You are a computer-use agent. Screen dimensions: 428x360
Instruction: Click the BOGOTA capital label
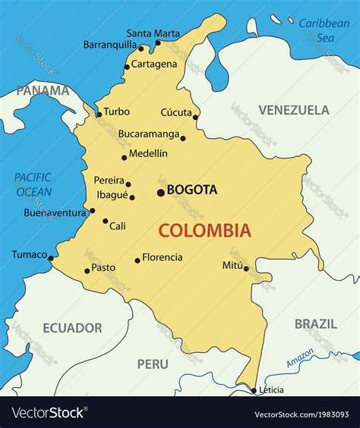192,190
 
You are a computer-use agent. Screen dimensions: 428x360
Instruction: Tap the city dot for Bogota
160,193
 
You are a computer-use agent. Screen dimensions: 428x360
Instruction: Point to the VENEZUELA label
293,110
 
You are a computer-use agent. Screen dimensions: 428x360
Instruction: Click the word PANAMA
43,90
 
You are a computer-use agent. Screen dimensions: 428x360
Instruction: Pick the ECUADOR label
72,328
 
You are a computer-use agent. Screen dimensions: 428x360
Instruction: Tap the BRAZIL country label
315,324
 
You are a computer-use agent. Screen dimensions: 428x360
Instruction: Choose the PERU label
153,364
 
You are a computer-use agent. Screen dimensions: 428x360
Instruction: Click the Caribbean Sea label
324,30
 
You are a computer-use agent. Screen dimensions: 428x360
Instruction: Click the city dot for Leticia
254,391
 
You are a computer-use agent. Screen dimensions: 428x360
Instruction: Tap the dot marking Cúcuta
195,117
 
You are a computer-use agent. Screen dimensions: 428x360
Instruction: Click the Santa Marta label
153,33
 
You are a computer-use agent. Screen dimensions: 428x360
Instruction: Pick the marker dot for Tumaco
51,258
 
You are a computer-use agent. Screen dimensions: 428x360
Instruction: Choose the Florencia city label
163,257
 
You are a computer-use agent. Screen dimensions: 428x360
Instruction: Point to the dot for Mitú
246,268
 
